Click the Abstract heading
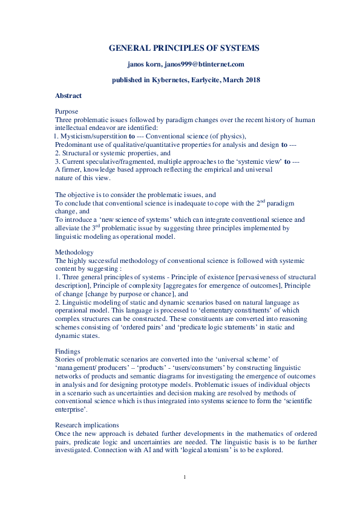68,96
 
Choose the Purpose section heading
67,112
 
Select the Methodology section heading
74,251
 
